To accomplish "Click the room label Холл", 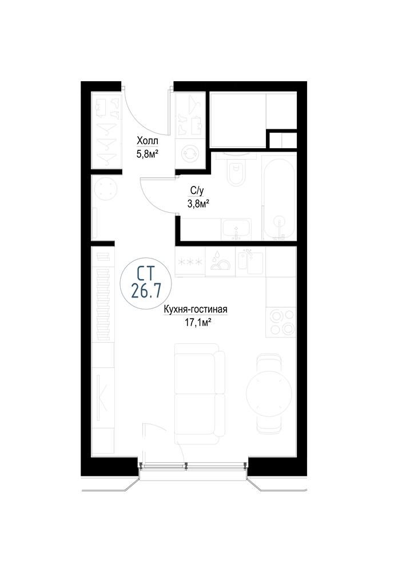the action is pos(148,141).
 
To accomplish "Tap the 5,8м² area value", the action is pos(148,154).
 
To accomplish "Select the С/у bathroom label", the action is pos(197,190).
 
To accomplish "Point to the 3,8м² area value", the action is pos(198,203).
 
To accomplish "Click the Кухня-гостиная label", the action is pos(196,309).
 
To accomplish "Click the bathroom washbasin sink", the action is pos(236,229).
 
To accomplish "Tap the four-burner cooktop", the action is pos(281,321).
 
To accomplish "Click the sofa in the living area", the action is pos(200,394).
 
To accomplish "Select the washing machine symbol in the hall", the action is pos(190,153).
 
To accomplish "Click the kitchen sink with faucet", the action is pos(250,261).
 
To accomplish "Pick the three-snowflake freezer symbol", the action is pos(190,262).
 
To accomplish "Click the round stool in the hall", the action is pos(106,190).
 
